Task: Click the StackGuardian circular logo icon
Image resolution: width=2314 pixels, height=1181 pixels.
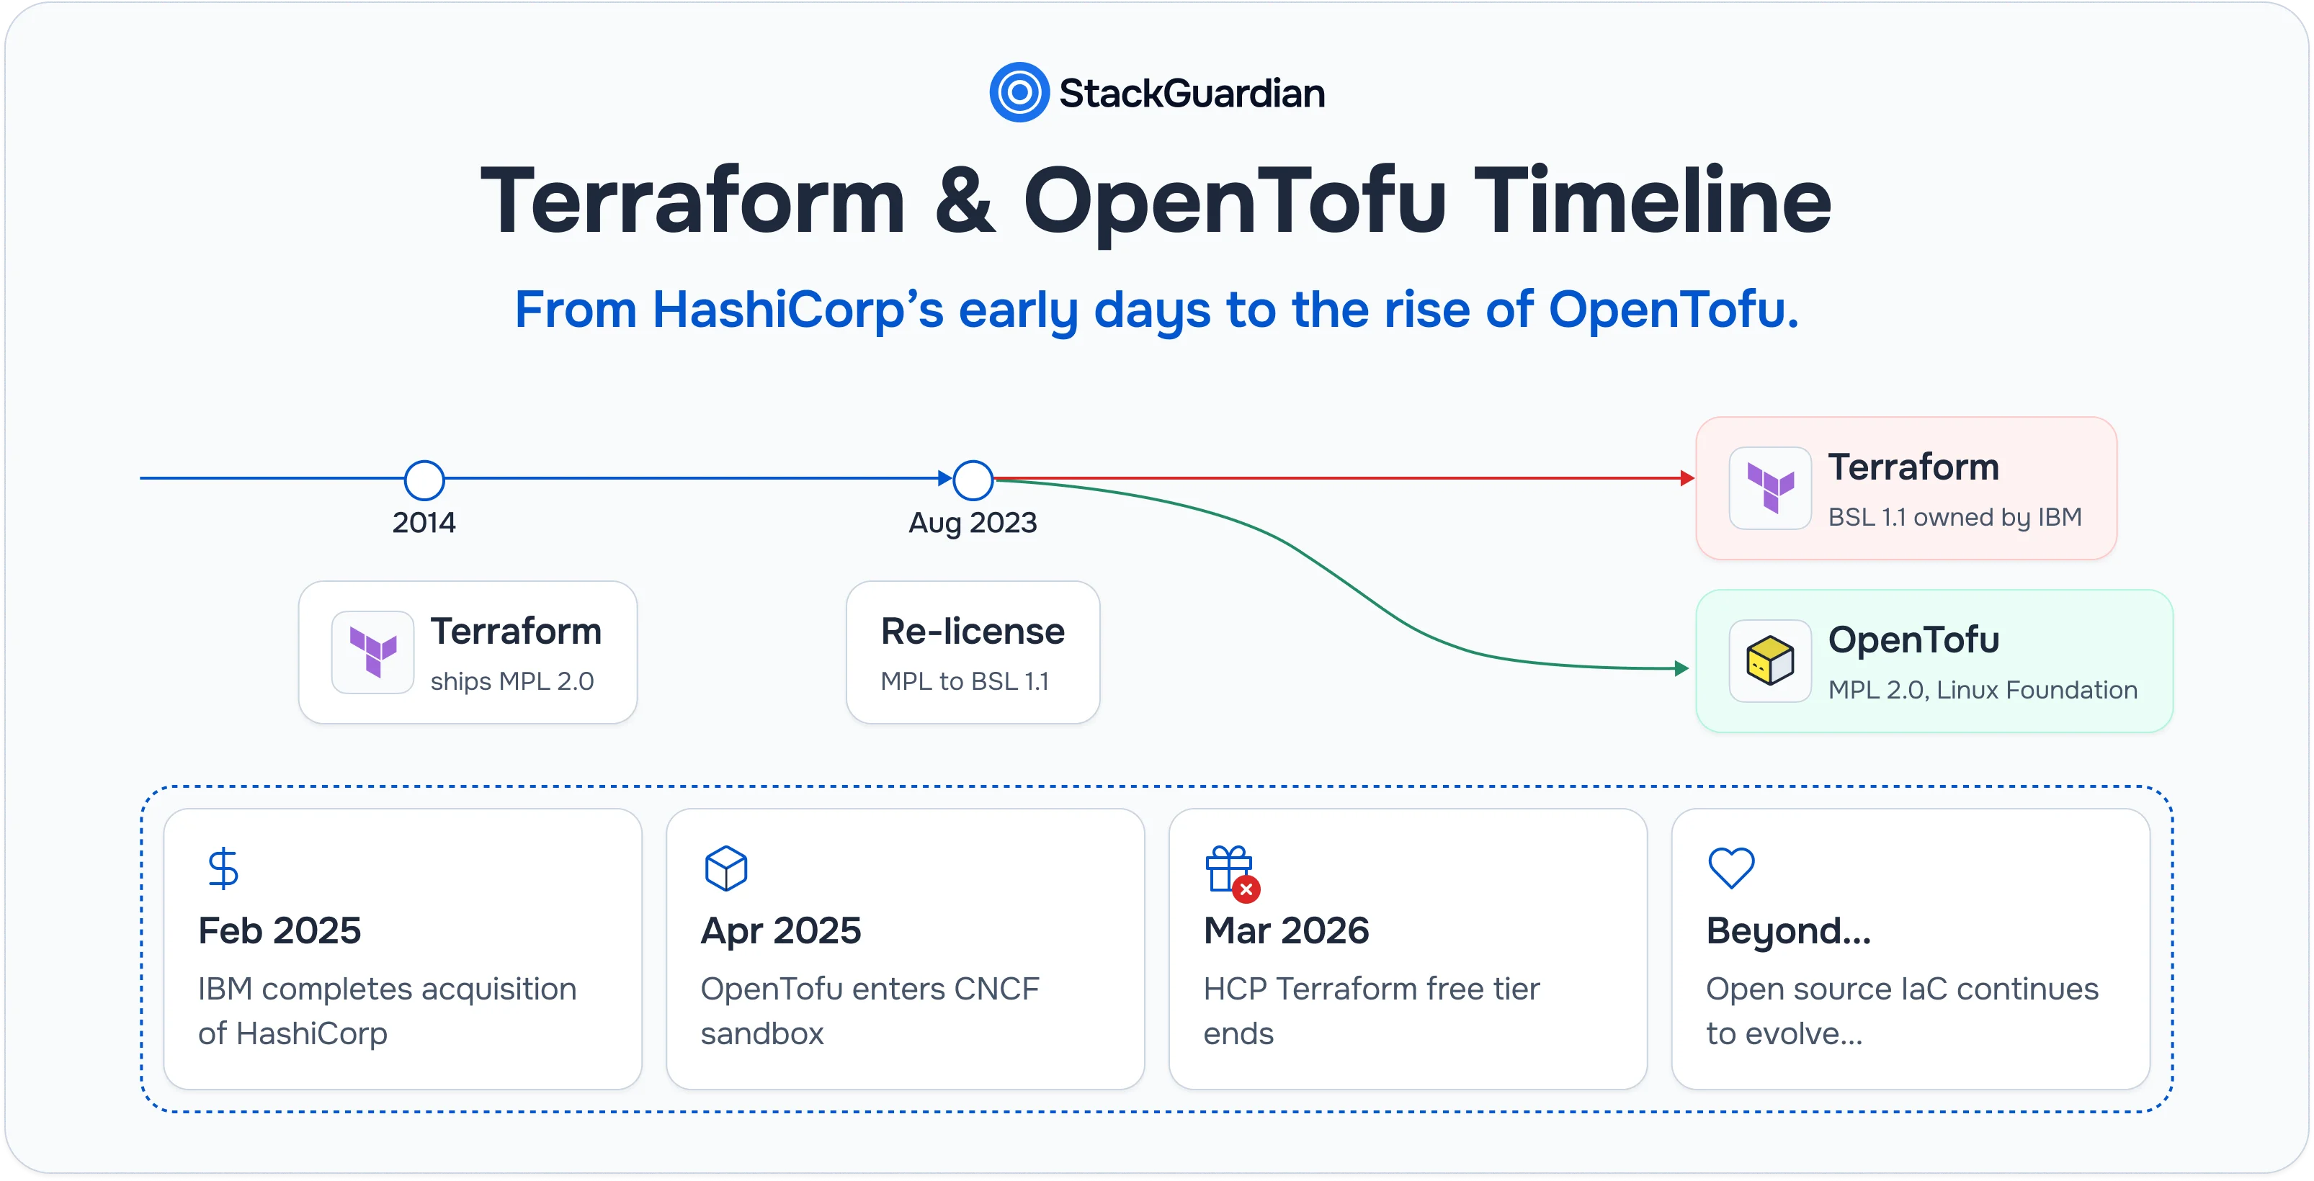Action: (x=1019, y=92)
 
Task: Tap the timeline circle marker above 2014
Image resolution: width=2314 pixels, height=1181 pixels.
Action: (x=424, y=480)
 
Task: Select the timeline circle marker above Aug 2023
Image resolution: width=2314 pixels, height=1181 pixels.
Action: (x=973, y=480)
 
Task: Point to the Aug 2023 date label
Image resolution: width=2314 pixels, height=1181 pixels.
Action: (x=973, y=523)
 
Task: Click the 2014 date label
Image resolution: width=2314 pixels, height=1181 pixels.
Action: (x=424, y=523)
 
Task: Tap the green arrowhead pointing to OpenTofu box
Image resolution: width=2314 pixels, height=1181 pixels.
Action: (x=1681, y=668)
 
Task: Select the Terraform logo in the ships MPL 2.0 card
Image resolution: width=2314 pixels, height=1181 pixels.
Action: (x=372, y=652)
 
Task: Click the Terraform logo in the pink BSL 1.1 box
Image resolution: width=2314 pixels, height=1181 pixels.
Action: (x=1771, y=488)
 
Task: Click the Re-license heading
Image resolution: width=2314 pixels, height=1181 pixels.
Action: (x=973, y=632)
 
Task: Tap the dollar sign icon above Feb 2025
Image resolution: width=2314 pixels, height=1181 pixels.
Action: (x=223, y=868)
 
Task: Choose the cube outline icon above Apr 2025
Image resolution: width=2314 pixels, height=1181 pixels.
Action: (x=725, y=868)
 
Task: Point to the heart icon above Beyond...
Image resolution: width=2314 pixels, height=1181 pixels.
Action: (x=1731, y=868)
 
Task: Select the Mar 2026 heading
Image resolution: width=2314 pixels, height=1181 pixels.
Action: (x=1287, y=931)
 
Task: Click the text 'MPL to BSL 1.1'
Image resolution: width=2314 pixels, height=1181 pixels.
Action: (x=965, y=682)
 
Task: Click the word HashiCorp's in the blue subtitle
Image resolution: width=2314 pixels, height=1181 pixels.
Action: (x=798, y=310)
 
